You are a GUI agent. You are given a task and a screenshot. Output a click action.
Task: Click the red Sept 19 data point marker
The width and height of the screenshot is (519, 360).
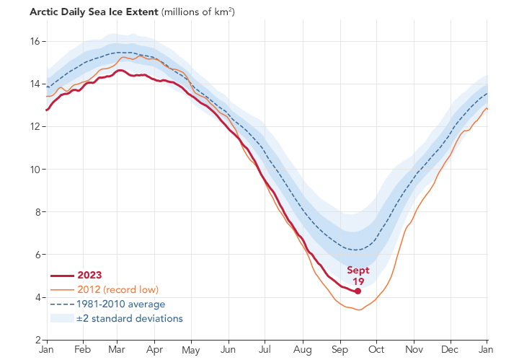[x=358, y=291]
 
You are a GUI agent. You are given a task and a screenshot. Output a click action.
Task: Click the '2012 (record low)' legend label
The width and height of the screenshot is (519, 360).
[x=118, y=289]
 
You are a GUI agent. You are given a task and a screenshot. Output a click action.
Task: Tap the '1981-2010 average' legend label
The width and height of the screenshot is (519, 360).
[x=122, y=304]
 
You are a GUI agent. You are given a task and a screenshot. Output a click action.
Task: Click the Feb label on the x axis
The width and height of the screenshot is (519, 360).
[x=82, y=350]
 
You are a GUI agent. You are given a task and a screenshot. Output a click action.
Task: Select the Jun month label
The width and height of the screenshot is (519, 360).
[x=229, y=350]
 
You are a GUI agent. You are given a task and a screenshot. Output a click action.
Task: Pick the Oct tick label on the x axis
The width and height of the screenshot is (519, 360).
[x=376, y=350]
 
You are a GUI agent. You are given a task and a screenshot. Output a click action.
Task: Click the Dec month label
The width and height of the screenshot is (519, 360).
[x=451, y=350]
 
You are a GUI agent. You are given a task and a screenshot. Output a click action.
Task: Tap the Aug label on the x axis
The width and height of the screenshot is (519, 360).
[x=303, y=350]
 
